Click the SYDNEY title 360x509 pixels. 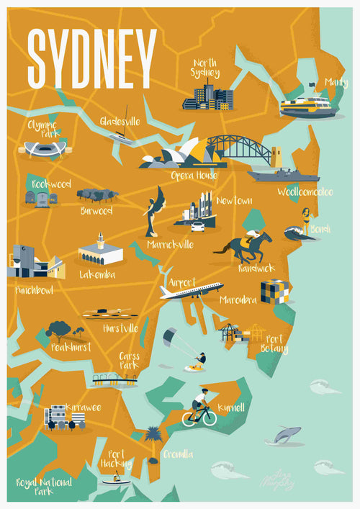(91, 58)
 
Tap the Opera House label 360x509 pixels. (194, 175)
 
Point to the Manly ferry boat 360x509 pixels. (307, 107)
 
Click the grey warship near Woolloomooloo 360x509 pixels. (283, 174)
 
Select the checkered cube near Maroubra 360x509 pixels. (274, 292)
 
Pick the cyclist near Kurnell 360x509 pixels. (199, 408)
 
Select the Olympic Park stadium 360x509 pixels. (45, 149)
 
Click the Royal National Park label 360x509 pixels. (45, 487)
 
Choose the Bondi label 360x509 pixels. (320, 229)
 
